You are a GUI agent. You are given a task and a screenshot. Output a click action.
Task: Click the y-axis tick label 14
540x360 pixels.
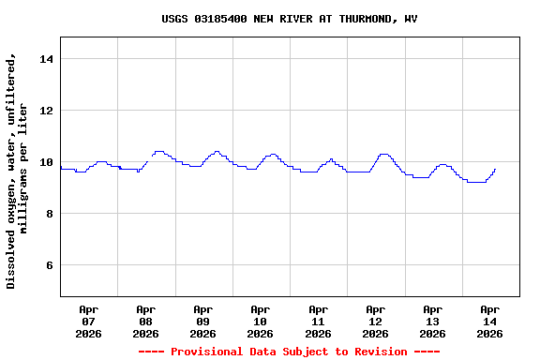pyautogui.click(x=45, y=59)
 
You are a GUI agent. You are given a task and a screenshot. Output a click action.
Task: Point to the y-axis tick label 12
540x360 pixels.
pyautogui.click(x=45, y=111)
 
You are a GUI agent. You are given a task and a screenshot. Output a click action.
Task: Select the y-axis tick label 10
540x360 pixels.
pyautogui.click(x=45, y=162)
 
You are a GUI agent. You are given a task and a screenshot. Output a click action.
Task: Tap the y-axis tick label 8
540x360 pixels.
pyautogui.click(x=49, y=214)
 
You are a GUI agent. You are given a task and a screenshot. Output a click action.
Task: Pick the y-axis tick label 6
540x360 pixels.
pyautogui.click(x=49, y=265)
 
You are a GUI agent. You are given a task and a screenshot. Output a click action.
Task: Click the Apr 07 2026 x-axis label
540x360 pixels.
pyautogui.click(x=88, y=321)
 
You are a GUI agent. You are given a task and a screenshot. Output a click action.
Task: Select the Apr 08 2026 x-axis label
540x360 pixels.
pyautogui.click(x=145, y=321)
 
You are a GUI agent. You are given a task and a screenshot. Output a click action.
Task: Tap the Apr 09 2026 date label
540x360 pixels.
pyautogui.click(x=202, y=321)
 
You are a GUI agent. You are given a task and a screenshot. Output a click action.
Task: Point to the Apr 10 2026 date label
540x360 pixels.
pyautogui.click(x=260, y=321)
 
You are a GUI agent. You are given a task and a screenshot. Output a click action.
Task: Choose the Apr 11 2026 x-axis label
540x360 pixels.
pyautogui.click(x=318, y=321)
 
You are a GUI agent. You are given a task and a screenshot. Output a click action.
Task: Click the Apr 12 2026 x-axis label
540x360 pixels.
pyautogui.click(x=375, y=321)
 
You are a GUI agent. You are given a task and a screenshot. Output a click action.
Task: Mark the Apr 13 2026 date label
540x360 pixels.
pyautogui.click(x=432, y=321)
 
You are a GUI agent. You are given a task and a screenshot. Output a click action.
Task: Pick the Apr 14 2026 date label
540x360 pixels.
pyautogui.click(x=489, y=321)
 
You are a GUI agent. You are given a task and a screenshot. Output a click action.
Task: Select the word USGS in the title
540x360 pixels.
pyautogui.click(x=174, y=19)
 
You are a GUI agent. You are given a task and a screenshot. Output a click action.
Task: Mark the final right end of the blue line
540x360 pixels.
pyautogui.click(x=495, y=170)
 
